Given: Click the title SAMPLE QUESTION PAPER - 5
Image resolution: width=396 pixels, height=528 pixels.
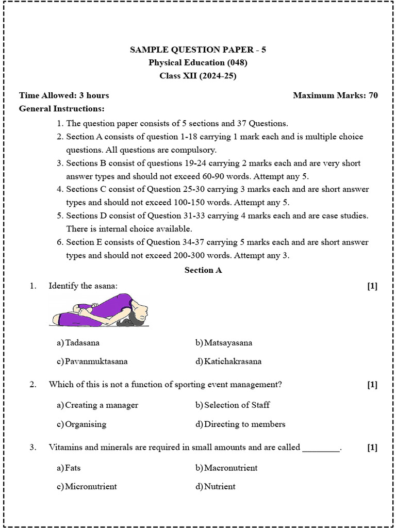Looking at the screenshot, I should (x=198, y=50).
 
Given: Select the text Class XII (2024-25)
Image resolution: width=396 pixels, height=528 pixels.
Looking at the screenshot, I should (x=198, y=76).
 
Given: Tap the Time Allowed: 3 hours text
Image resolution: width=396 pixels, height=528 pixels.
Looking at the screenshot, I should (x=64, y=95).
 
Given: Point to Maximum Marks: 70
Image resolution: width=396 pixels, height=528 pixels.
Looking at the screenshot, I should (x=335, y=95).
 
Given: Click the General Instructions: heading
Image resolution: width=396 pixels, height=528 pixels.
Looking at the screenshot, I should (x=61, y=109).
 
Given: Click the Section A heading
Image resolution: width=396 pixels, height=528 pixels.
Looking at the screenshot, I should (x=203, y=270).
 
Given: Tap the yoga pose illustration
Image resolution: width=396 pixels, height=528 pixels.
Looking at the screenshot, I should (x=101, y=310).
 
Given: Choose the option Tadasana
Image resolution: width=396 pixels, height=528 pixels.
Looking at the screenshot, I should (x=82, y=343).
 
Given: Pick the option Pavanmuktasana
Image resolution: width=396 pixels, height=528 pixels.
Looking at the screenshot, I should (x=96, y=361).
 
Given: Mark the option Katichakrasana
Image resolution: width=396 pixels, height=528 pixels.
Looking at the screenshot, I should (x=233, y=361).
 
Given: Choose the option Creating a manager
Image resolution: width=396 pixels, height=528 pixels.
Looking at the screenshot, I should (x=102, y=405).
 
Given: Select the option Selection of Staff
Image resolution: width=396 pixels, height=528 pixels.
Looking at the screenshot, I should (x=237, y=405).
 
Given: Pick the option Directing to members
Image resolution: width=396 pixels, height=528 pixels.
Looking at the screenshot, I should (x=244, y=424).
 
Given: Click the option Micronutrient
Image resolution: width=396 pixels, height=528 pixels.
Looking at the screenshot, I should (x=91, y=487).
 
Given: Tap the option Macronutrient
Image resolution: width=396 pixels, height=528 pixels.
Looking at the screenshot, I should (x=230, y=468).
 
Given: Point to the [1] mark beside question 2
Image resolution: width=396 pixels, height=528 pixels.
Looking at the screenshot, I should (x=372, y=385).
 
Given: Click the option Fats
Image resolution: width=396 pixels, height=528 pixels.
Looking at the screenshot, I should (x=73, y=468).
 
